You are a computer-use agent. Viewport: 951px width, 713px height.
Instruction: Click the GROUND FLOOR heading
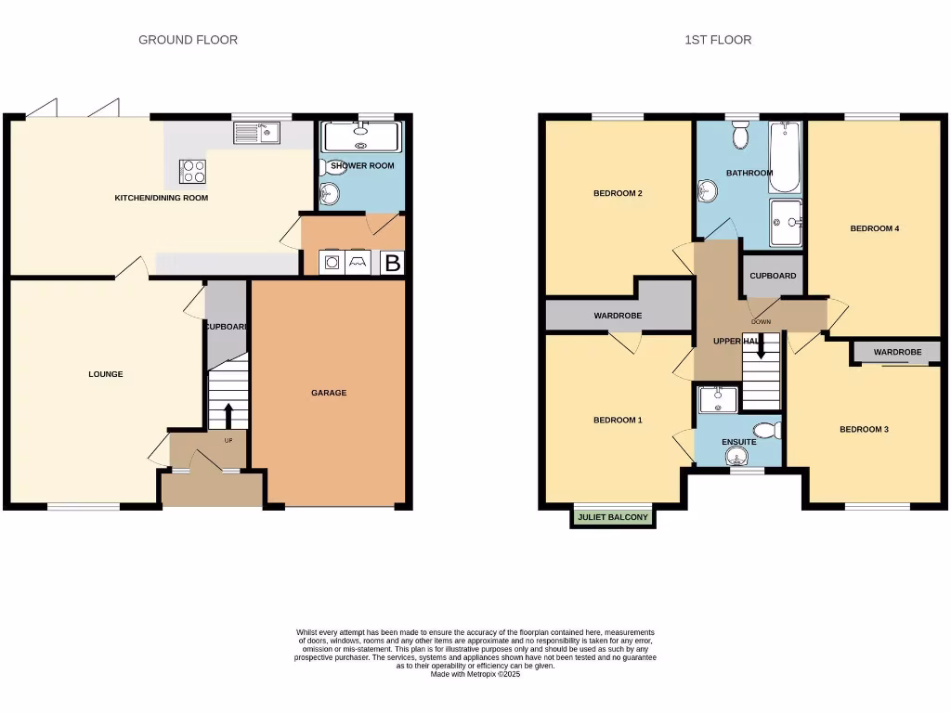point(188,40)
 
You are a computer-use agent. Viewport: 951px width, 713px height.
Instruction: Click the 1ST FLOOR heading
point(717,40)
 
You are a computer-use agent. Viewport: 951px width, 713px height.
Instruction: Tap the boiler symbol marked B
point(393,264)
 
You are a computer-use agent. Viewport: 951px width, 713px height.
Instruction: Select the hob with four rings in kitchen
point(193,171)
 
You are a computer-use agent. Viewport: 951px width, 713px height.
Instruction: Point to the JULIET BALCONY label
point(612,517)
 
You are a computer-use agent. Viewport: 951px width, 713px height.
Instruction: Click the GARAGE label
point(329,393)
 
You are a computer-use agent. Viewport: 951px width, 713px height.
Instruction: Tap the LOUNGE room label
point(106,374)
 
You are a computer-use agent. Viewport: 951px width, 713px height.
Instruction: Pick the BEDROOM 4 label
point(874,228)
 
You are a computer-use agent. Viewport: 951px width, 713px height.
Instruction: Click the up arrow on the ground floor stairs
point(228,415)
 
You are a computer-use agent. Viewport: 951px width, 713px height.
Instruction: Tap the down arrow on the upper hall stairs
point(761,347)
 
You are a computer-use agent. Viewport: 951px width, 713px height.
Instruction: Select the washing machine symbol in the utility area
point(332,264)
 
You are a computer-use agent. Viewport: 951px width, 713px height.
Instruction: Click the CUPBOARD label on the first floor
point(773,276)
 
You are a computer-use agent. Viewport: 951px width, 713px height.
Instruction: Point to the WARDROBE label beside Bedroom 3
point(897,352)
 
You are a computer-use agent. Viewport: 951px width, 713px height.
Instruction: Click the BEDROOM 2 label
point(618,194)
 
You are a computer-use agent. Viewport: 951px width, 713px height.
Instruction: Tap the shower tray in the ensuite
point(717,399)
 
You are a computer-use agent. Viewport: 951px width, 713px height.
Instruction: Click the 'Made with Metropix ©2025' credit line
point(475,675)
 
